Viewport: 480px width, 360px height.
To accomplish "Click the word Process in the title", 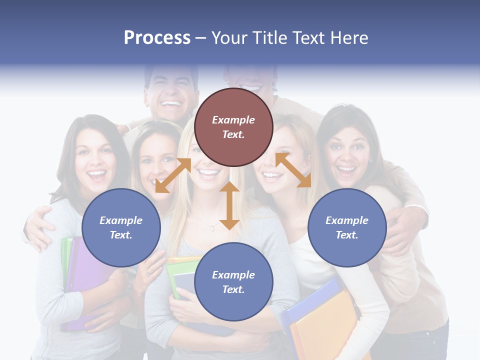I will click(x=157, y=38).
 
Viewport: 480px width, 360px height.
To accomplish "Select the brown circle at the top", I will click(x=233, y=127).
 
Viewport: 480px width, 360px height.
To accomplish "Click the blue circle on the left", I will click(x=121, y=227).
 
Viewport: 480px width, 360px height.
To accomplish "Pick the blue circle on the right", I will click(x=347, y=227).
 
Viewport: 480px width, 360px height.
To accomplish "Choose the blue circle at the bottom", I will click(x=233, y=282).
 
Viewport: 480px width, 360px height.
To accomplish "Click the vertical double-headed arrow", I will click(x=229, y=205).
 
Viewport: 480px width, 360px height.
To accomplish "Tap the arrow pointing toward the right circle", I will click(x=293, y=170).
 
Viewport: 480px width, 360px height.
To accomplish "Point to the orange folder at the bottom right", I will click(x=320, y=325).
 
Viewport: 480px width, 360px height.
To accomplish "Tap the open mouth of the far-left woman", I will click(x=97, y=175).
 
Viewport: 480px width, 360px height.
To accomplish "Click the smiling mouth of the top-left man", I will click(x=171, y=104).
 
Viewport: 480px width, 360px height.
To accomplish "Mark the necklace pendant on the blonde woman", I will click(x=212, y=228).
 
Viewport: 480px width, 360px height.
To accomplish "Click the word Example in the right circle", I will click(x=346, y=220).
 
